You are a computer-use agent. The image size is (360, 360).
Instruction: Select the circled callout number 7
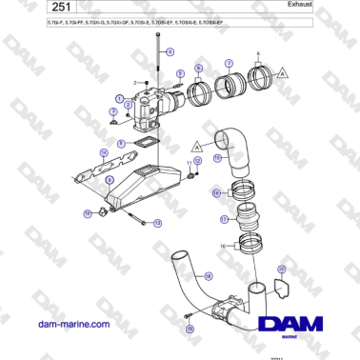pos(229,66)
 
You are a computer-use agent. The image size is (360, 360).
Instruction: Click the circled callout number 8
pos(121,144)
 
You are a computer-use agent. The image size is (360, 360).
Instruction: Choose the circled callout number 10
pos(89,213)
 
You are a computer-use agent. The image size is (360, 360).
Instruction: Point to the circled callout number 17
pos(225,218)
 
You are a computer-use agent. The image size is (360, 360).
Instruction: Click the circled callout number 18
pos(216,194)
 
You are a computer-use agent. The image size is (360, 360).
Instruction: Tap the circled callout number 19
pos(190,328)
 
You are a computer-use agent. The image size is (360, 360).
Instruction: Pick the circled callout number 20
pos(281,270)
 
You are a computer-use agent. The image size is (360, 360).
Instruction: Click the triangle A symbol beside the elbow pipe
pos(195,147)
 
